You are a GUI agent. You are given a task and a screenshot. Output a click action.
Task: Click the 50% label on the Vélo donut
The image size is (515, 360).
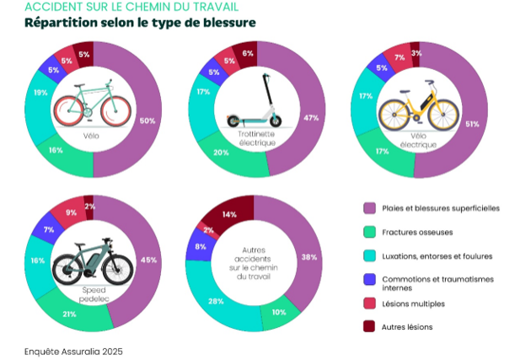coord(147,121)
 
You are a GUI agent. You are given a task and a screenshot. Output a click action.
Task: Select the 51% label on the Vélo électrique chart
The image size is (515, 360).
coord(472,124)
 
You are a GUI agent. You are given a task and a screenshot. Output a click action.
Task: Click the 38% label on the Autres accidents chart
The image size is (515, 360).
coord(310,257)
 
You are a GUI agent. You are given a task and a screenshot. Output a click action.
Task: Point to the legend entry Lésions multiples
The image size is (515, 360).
coord(411,303)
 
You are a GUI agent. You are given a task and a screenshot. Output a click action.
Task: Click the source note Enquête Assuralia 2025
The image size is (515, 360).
coord(73,348)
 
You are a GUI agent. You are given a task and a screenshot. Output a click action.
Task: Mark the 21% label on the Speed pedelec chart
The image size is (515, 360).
coord(70,314)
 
